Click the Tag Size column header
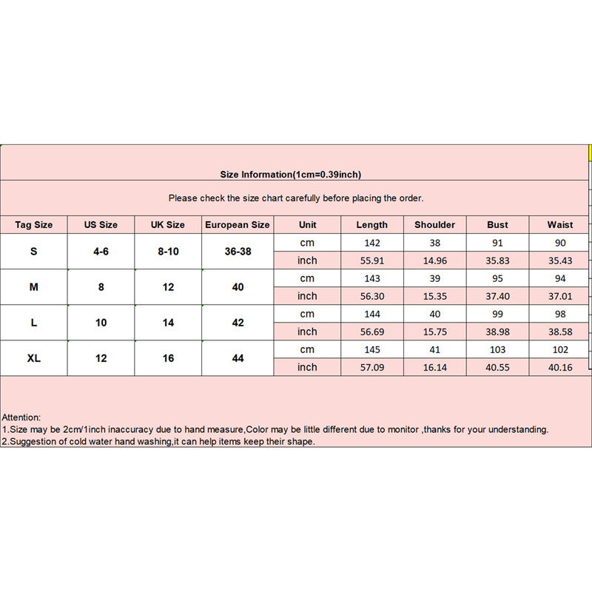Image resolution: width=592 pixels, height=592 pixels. (x=34, y=225)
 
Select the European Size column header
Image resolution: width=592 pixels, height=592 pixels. (x=238, y=225)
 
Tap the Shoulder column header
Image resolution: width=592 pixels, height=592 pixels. (x=434, y=225)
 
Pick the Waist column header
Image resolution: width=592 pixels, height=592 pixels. (x=560, y=225)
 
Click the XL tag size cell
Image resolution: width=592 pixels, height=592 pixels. (x=34, y=358)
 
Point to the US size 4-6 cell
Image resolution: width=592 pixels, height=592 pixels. (x=101, y=252)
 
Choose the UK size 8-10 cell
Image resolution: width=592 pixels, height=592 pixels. (x=168, y=252)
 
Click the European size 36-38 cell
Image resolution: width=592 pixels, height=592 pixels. (x=238, y=252)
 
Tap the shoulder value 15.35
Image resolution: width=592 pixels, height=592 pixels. (x=434, y=296)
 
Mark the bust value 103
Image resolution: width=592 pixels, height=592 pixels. (x=497, y=349)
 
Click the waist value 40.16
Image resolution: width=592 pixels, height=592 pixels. (x=560, y=367)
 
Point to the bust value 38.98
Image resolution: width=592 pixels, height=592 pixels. (x=497, y=332)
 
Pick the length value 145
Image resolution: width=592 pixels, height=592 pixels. (x=371, y=349)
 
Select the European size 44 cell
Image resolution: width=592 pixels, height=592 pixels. (x=238, y=358)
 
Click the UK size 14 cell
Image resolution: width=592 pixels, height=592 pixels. (x=168, y=323)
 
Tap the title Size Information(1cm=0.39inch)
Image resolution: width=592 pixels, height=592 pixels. (x=291, y=175)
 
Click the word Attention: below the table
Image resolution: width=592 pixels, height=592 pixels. (x=22, y=417)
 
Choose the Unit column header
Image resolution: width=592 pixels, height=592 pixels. (x=307, y=225)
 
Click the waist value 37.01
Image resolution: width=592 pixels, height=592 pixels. (x=560, y=296)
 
